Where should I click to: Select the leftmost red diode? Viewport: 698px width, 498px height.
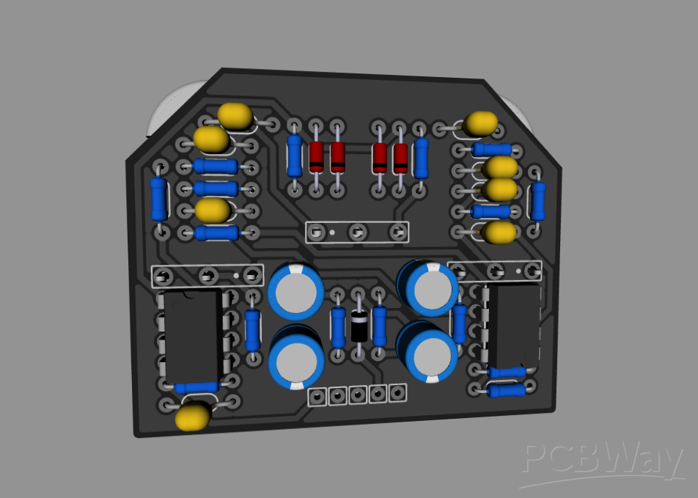tap(316, 156)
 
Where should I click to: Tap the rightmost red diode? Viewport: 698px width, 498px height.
tap(400, 157)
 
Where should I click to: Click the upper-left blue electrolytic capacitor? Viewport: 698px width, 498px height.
tap(295, 290)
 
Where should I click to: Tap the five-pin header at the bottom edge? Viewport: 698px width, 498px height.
tap(357, 395)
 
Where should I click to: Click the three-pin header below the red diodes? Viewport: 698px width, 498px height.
tap(357, 232)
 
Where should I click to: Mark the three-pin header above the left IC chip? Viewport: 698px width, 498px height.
tap(207, 276)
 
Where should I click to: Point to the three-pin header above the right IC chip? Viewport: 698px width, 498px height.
tap(499, 271)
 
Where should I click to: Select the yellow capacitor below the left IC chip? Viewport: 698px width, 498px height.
tap(194, 416)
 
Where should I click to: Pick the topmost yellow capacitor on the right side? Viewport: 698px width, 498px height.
tap(482, 123)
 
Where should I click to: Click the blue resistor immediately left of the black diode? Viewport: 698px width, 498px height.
tap(338, 326)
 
